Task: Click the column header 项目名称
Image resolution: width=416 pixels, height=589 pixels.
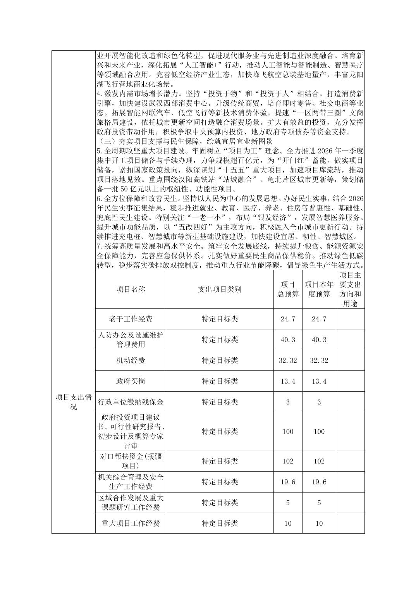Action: pos(131,289)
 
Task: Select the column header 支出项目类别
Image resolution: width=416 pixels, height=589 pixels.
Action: pos(220,289)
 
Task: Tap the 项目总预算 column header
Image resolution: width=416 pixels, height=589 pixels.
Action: pos(288,289)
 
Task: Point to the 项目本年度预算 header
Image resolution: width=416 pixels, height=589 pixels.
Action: pos(319,289)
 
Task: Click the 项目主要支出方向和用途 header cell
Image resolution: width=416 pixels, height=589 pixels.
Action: pos(350,289)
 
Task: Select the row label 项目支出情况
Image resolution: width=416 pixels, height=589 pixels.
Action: pos(74,402)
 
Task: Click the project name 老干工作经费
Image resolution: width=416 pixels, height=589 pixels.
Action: pos(131,319)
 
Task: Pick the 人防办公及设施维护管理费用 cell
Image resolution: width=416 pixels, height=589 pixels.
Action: pos(131,339)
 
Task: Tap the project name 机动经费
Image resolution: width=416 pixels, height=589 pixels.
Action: pos(131,360)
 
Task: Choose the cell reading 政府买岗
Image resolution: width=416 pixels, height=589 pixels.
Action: pos(131,381)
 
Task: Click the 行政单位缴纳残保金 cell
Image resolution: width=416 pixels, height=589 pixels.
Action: pos(131,402)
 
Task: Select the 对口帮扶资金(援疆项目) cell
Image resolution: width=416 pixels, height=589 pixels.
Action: pos(131,461)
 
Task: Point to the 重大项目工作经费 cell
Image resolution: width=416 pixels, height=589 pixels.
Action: pos(131,524)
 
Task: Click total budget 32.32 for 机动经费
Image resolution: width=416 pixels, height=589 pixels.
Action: pos(288,360)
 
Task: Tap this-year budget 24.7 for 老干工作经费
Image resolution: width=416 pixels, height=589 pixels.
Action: pos(319,319)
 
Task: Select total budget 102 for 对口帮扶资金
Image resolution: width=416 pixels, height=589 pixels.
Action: pos(288,461)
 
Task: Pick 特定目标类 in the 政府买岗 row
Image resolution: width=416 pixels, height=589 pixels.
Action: pos(220,381)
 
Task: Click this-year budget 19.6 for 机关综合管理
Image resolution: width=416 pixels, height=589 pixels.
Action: pos(319,482)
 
